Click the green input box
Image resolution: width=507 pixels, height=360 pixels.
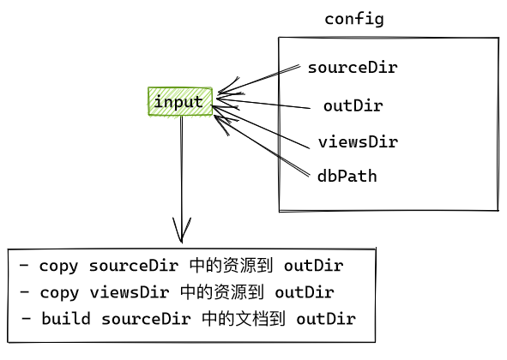click(179, 102)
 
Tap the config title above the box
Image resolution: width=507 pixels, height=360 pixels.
click(353, 19)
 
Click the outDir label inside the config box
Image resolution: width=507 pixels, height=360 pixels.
click(353, 106)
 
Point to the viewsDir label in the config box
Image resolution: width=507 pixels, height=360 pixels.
click(358, 141)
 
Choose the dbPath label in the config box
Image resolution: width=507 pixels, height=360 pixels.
click(347, 176)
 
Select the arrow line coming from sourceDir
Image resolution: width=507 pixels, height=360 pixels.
click(257, 79)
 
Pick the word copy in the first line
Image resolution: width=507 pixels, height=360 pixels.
click(57, 265)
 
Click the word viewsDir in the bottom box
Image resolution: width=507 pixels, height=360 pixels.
click(123, 292)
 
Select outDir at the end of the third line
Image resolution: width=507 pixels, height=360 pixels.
click(326, 320)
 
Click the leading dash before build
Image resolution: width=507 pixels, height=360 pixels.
click(26, 320)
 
